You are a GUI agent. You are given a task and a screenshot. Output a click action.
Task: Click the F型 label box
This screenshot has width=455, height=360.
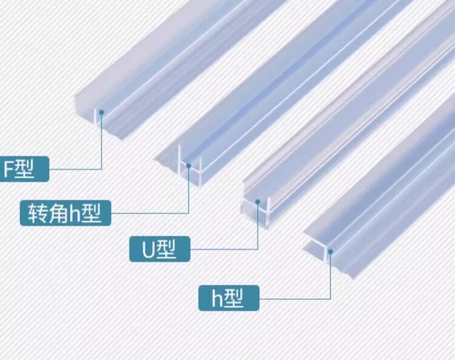[24, 169]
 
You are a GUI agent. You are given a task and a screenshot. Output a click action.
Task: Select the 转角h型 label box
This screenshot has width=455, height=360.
[66, 213]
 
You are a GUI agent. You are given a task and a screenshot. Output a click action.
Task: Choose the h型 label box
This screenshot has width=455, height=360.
[228, 298]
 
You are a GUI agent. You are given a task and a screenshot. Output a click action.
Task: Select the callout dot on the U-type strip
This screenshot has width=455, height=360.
[258, 201]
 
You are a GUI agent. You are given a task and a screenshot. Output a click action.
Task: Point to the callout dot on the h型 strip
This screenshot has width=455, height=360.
[331, 248]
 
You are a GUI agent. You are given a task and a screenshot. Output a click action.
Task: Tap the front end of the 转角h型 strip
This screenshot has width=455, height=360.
[182, 167]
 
